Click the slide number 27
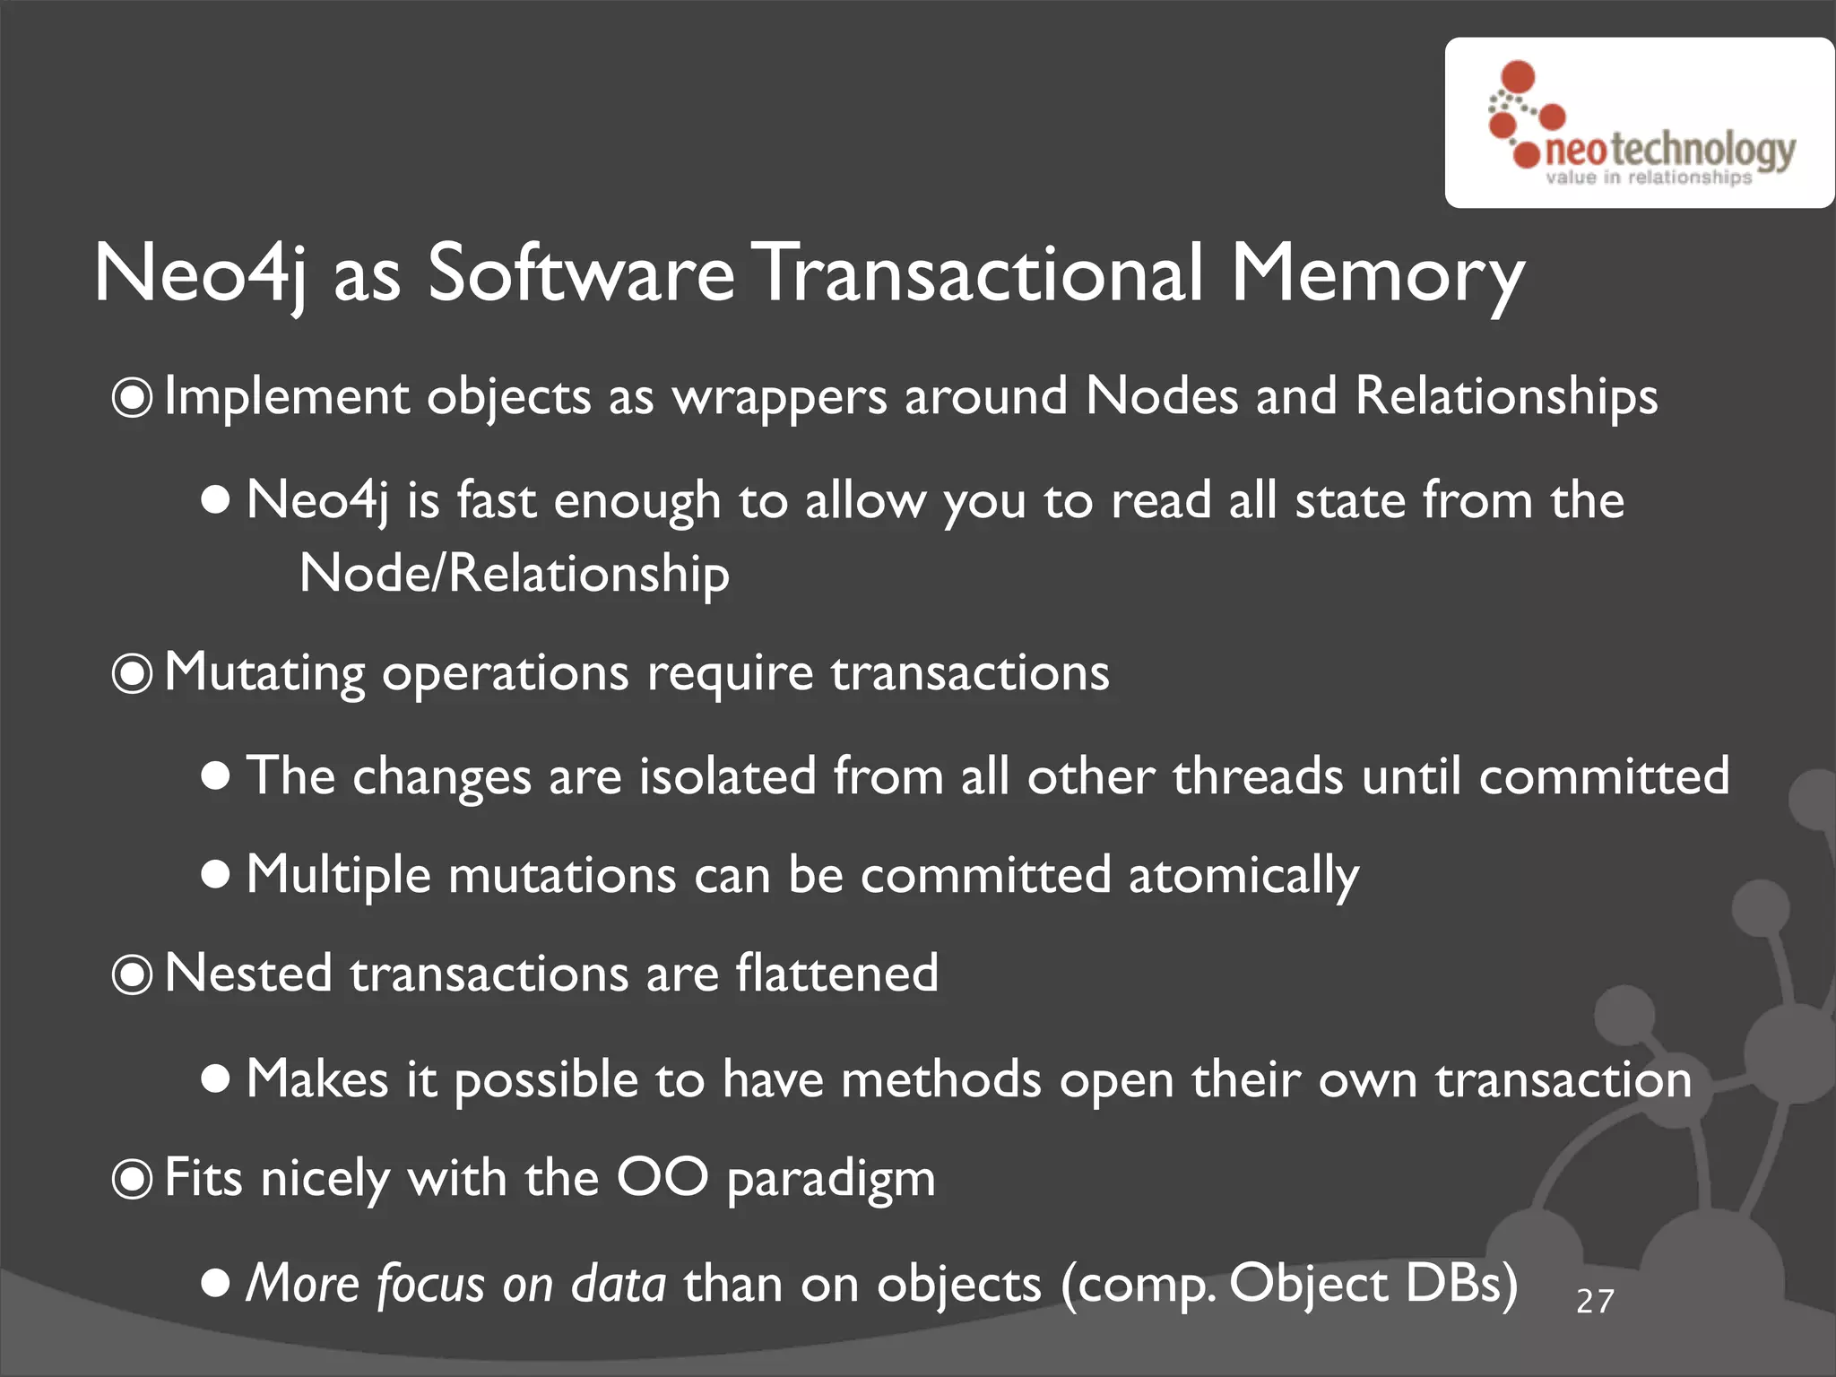pos(1595,1301)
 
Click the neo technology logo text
pos(1670,150)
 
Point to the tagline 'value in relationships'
pos(1648,178)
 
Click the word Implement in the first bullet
pos(286,397)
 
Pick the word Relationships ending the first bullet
pos(1506,397)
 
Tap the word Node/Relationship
pos(514,574)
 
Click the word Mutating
pos(264,673)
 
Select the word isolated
pos(727,775)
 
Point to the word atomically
pos(1243,875)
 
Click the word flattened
pos(836,974)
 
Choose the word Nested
pos(248,974)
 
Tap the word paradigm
pos(830,1180)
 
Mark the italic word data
pos(619,1283)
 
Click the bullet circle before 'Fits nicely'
pos(133,1179)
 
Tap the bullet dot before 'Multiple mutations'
pos(215,874)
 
